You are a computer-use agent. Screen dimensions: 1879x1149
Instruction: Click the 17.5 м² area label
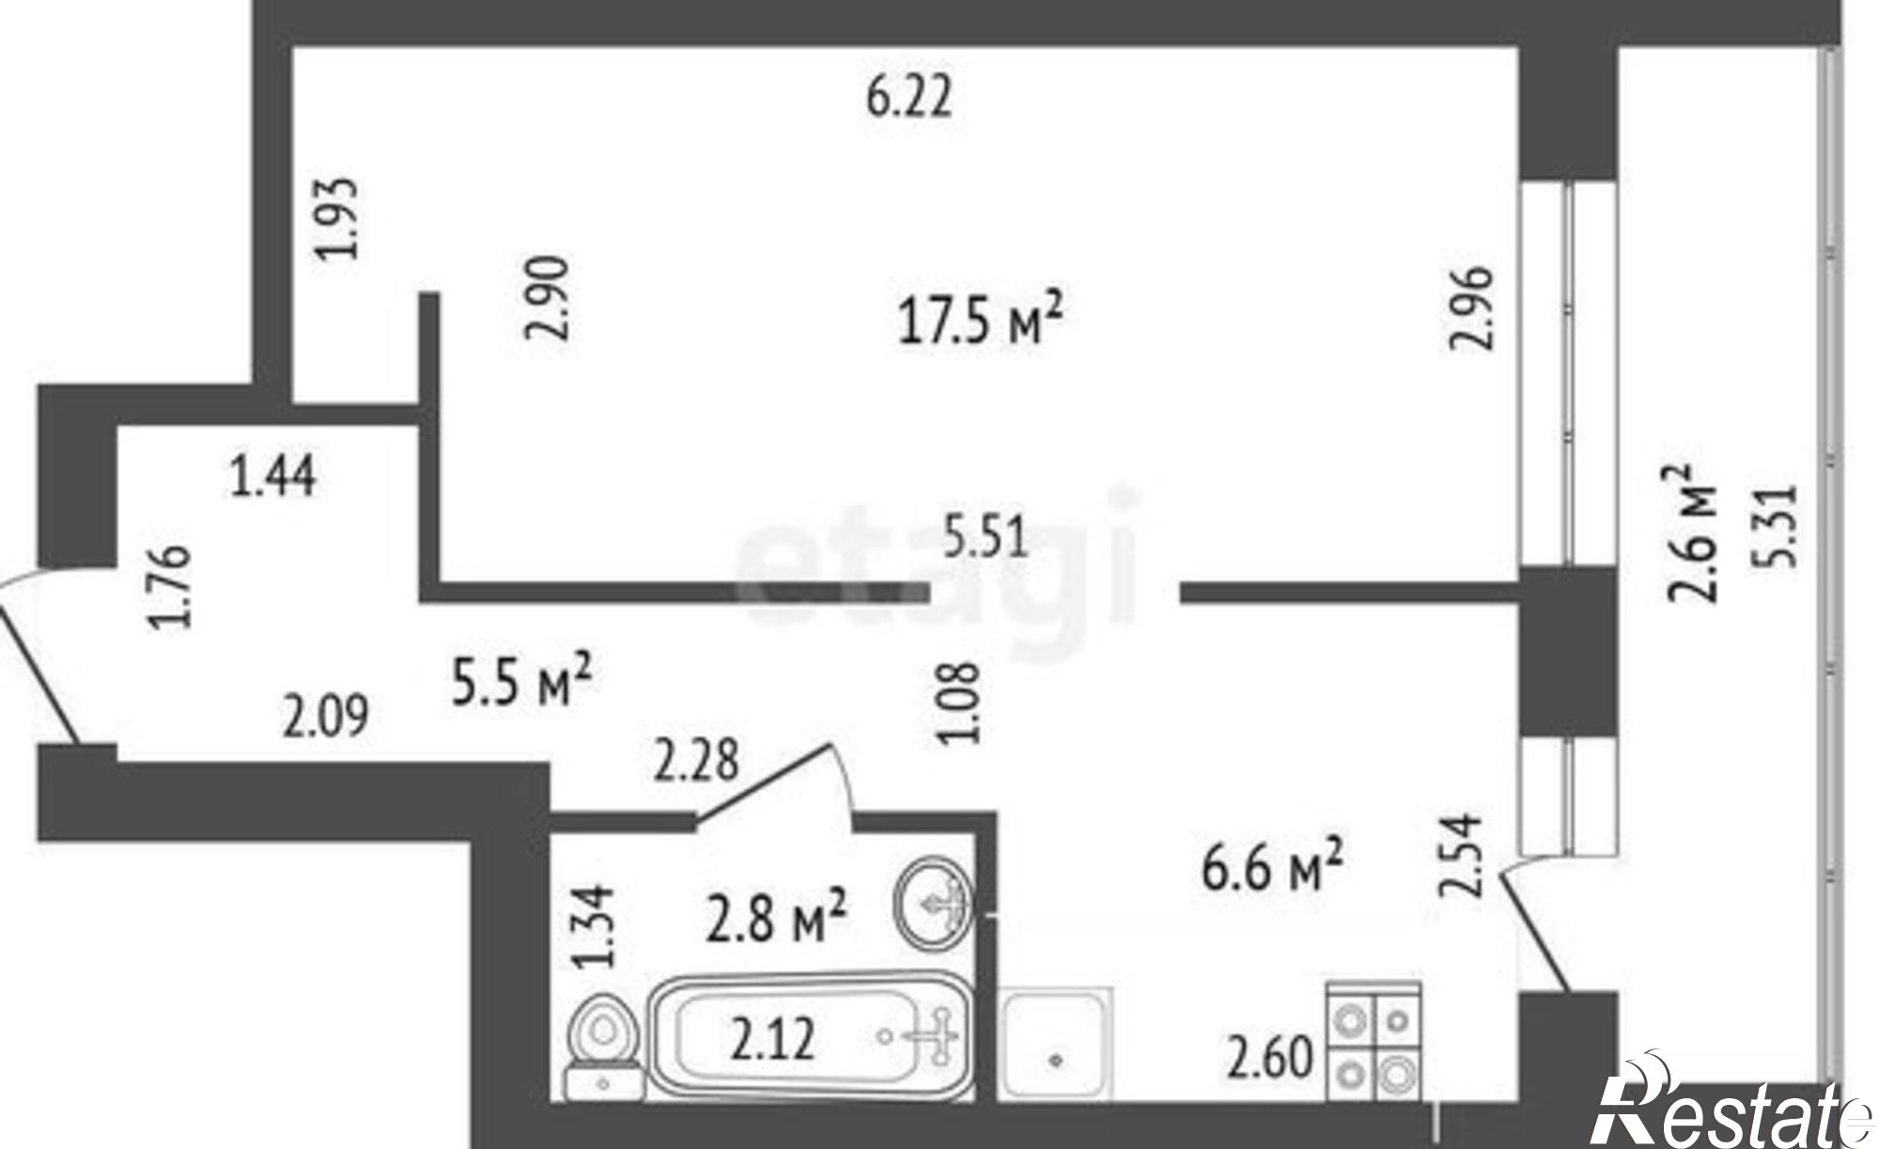tap(981, 320)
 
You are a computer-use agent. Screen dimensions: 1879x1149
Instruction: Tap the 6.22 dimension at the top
tap(909, 97)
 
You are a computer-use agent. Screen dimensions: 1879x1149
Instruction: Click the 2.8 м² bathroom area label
tap(778, 917)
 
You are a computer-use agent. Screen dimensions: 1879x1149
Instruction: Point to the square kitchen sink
tap(1057, 1043)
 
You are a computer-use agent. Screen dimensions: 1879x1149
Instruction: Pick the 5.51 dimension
tap(986, 541)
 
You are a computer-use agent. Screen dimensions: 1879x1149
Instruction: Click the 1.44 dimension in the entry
tap(273, 474)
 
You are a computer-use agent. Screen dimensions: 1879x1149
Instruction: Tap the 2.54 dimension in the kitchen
tap(1462, 854)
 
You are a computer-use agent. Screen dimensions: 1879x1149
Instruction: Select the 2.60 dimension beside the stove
tap(1269, 1060)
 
